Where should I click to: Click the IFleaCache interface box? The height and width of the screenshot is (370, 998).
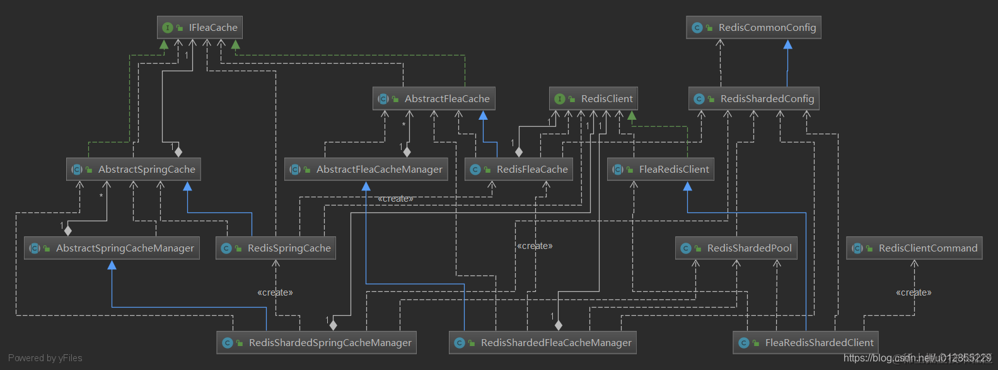pos(200,28)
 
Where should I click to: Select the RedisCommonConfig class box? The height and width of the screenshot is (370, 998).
pos(753,28)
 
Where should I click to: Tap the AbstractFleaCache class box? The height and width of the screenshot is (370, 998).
pos(434,99)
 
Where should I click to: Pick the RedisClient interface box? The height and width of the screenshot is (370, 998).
pos(593,99)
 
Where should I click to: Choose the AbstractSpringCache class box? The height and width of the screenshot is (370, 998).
pos(134,170)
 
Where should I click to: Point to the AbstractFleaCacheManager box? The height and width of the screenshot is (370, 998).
pos(366,170)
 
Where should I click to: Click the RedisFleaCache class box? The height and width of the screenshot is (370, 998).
pos(519,170)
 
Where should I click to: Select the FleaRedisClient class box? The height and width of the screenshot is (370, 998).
pos(661,170)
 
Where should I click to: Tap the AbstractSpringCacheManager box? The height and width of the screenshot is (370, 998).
pos(112,248)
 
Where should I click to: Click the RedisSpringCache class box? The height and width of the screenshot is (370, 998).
pos(276,248)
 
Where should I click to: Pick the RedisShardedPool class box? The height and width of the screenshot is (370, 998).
pos(736,248)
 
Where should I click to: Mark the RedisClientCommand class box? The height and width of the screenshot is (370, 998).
pos(914,248)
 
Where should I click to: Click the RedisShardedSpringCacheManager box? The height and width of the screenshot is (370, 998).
pos(316,343)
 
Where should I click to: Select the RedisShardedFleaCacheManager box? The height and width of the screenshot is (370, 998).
pos(543,343)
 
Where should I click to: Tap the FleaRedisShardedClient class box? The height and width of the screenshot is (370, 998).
pos(806,343)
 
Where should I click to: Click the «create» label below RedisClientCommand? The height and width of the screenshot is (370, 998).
pos(914,292)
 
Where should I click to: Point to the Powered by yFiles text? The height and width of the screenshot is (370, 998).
pos(45,358)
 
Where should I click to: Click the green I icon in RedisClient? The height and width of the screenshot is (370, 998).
pos(559,99)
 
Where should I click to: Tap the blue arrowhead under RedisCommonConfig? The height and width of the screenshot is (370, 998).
pos(787,45)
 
